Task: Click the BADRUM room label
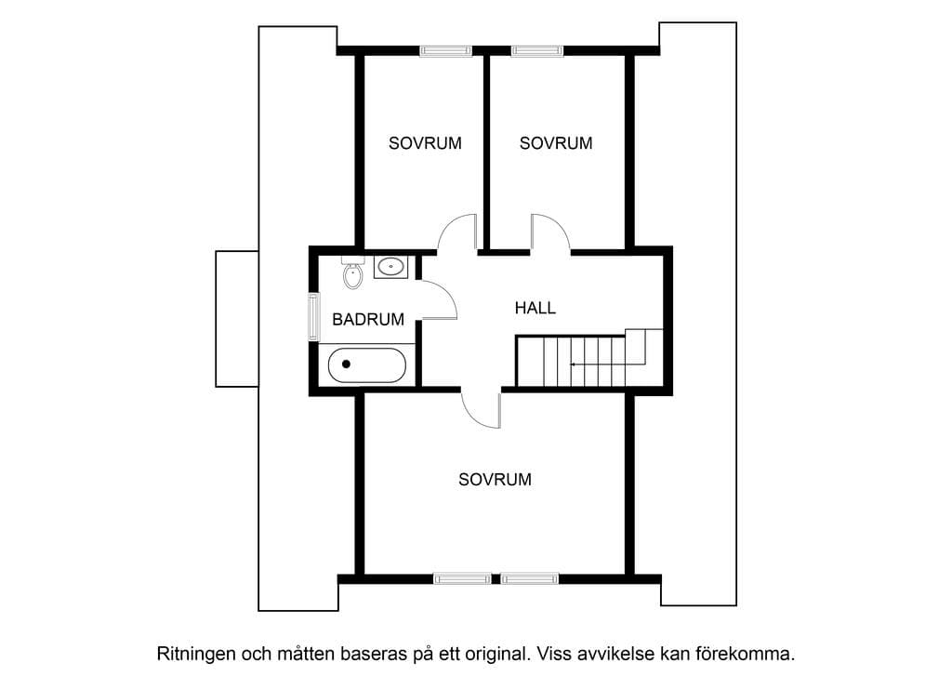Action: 368,319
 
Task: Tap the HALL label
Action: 535,308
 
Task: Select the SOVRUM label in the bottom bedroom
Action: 495,480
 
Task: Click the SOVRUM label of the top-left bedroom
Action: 425,143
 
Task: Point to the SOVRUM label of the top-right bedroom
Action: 556,143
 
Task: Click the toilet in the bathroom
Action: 352,272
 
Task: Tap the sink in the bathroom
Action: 390,267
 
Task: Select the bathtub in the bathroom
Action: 366,365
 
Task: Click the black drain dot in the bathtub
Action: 346,365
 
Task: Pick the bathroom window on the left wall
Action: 313,316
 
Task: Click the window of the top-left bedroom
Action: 445,51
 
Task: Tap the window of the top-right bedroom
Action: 536,51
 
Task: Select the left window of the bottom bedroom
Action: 462,578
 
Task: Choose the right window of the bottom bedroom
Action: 529,578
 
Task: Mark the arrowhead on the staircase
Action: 573,365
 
